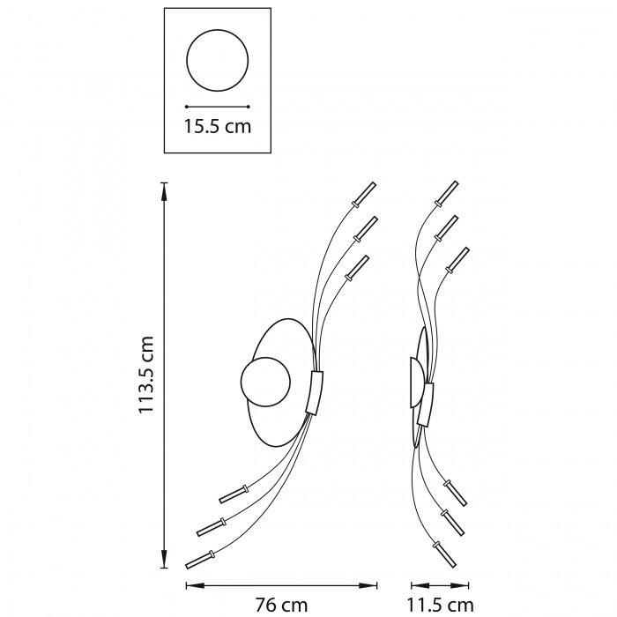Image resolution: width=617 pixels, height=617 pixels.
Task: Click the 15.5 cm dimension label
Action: [x=218, y=126]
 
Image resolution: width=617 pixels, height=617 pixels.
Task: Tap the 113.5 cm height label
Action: [x=145, y=375]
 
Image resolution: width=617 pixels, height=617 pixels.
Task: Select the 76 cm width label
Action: [x=280, y=605]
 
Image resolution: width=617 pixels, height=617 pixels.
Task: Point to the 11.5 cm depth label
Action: [x=440, y=605]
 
